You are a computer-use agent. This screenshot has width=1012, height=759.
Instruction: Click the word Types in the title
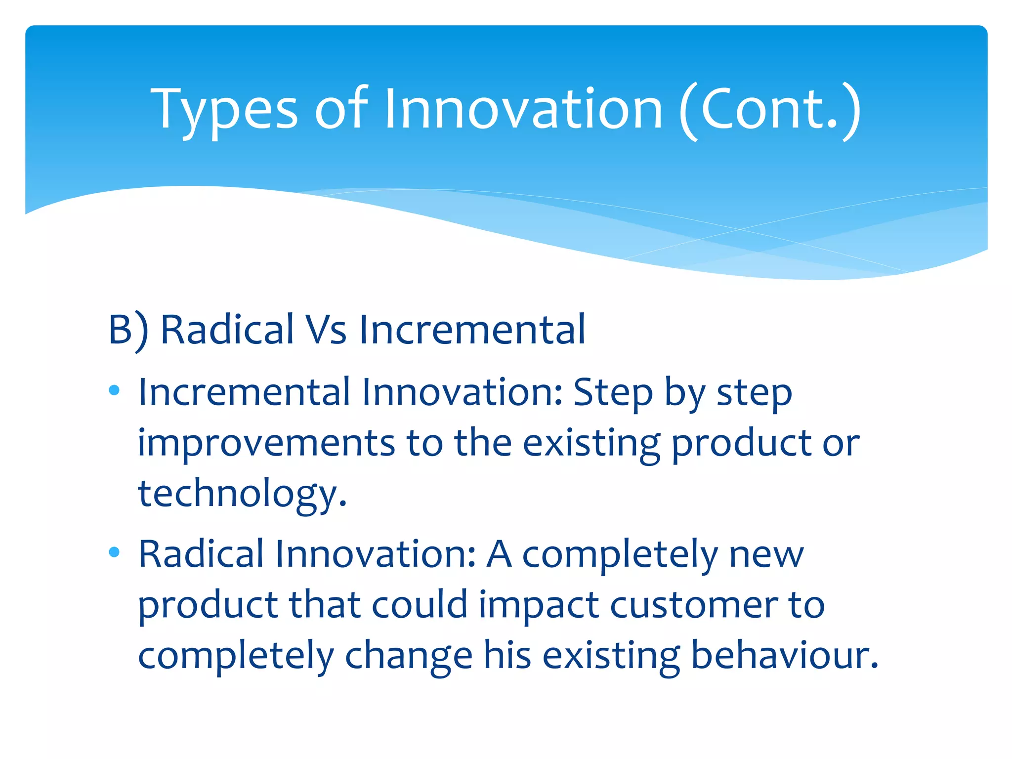pyautogui.click(x=225, y=110)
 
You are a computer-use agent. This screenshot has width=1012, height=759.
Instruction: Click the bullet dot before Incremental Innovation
pyautogui.click(x=114, y=390)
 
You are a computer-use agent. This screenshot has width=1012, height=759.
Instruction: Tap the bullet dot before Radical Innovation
pyautogui.click(x=114, y=552)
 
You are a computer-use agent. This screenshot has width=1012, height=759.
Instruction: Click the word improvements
pyautogui.click(x=266, y=443)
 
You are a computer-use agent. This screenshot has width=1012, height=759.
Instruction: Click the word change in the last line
pyautogui.click(x=409, y=656)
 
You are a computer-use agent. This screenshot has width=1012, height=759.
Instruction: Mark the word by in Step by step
pyautogui.click(x=684, y=393)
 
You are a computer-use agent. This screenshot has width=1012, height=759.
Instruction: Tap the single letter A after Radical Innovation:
pyautogui.click(x=499, y=554)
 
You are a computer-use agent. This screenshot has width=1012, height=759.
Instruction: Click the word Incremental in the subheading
pyautogui.click(x=472, y=330)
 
